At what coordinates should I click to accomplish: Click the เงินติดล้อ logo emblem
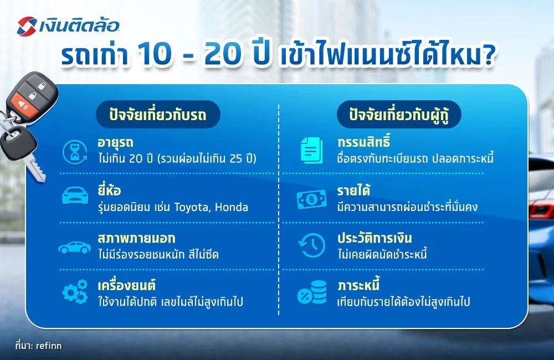tap(27, 25)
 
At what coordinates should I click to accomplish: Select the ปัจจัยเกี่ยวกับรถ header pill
tap(158, 115)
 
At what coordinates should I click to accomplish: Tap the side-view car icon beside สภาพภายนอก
tap(75, 247)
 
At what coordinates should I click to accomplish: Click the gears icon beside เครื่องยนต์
tap(75, 291)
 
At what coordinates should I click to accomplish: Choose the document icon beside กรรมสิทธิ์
tap(312, 150)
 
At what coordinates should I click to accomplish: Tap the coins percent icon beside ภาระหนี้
tap(312, 292)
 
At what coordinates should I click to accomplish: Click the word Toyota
tap(193, 208)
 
